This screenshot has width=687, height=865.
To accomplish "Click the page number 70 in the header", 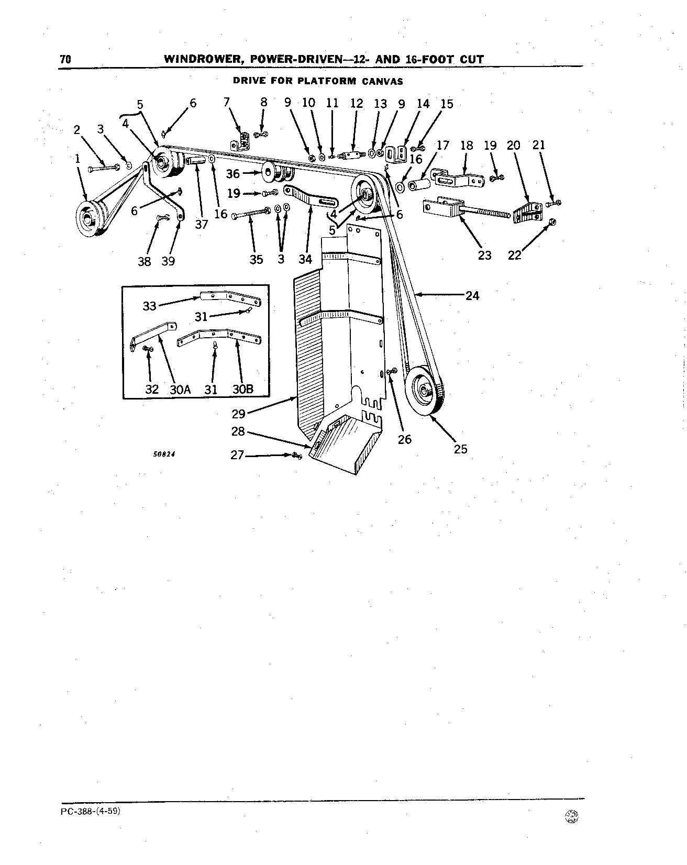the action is (x=65, y=59).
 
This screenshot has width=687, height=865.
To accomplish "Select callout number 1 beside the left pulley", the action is (x=77, y=158).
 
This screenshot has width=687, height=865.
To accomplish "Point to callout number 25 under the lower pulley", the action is (x=460, y=449).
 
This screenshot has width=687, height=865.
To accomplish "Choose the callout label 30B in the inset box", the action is (x=242, y=390).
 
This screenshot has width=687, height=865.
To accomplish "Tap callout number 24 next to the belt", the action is (x=472, y=296).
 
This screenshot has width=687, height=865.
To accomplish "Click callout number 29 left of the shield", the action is (x=239, y=414).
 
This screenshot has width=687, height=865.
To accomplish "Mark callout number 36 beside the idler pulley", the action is (x=233, y=173).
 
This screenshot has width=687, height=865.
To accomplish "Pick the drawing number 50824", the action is (x=164, y=454).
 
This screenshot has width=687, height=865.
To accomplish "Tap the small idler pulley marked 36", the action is (x=276, y=172).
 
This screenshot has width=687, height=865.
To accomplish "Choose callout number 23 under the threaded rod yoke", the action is (x=485, y=255).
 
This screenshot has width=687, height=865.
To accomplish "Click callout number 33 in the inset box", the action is (x=150, y=305).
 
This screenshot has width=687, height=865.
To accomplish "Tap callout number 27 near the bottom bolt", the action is (x=237, y=455).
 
